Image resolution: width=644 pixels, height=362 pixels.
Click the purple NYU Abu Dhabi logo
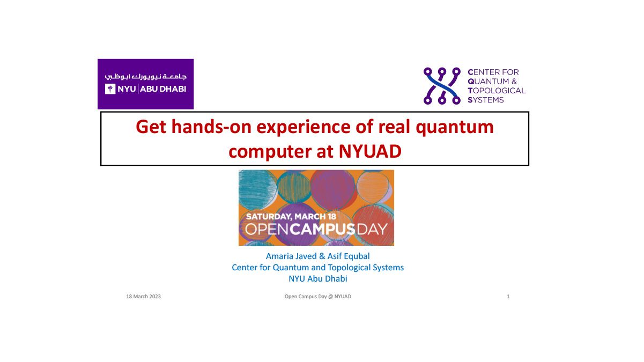click(x=145, y=84)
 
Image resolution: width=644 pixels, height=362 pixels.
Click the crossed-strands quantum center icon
click(x=442, y=85)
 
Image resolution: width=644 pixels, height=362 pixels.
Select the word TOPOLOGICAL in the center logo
click(x=497, y=91)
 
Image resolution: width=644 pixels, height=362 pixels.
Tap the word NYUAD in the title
click(x=369, y=152)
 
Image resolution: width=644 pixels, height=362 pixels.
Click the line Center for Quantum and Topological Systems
click(x=317, y=267)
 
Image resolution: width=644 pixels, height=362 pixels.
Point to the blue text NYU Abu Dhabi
click(x=317, y=278)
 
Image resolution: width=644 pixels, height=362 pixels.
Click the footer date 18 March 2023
click(x=143, y=297)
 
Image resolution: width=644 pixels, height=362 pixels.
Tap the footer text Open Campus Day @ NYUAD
click(x=317, y=297)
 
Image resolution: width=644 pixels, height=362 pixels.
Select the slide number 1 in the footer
click(x=508, y=297)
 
